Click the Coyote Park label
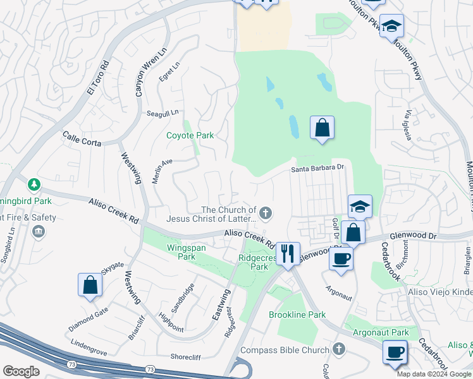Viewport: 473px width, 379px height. pos(190,135)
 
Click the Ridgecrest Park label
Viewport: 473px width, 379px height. pos(254,262)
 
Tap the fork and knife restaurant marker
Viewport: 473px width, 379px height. pos(288,253)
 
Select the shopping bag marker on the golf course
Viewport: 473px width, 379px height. pos(322,128)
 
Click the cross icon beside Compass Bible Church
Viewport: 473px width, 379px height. pos(339,349)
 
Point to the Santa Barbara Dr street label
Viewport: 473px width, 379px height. pos(317,168)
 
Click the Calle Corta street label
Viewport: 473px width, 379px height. pos(82,138)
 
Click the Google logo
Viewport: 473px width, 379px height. pos(21,371)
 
